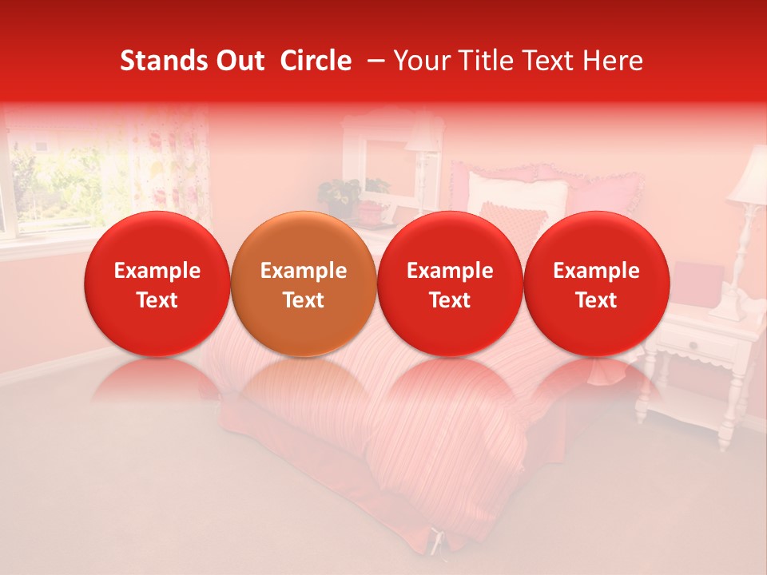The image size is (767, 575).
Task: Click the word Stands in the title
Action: (x=159, y=61)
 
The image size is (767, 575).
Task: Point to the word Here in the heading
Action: (x=613, y=61)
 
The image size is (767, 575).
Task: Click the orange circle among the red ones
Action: (x=304, y=284)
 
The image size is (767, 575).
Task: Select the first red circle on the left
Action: (x=157, y=284)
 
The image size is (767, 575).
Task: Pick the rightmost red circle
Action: (x=596, y=284)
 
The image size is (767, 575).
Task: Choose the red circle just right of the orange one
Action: (x=450, y=284)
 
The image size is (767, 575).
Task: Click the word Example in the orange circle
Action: (x=304, y=271)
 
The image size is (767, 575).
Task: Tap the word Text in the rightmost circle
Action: (x=596, y=300)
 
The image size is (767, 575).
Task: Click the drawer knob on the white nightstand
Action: (x=692, y=344)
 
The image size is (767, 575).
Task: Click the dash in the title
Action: (x=373, y=61)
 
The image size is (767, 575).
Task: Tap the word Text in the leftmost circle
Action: (x=157, y=300)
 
